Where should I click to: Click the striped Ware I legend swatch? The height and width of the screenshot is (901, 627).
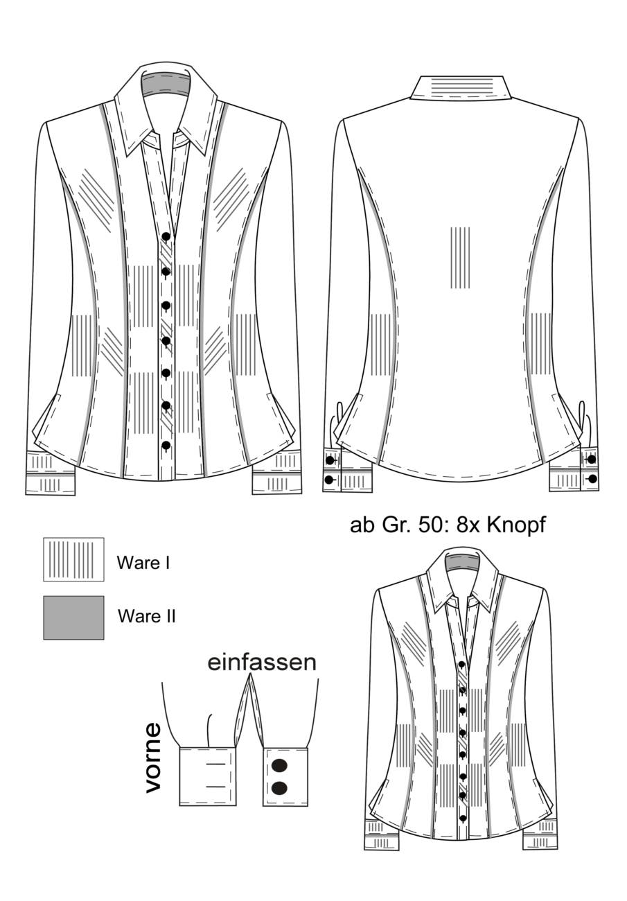tap(73, 559)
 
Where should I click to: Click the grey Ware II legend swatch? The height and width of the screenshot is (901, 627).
tap(73, 618)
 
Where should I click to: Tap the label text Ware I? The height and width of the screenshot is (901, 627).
tap(143, 563)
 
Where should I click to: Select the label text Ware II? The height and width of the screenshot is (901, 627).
tap(147, 616)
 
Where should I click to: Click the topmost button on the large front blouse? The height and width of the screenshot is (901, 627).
tap(166, 236)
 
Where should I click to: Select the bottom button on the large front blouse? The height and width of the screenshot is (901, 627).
tap(166, 445)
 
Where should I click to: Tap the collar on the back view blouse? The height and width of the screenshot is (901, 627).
tap(461, 88)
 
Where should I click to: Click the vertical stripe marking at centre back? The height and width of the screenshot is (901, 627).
tap(460, 258)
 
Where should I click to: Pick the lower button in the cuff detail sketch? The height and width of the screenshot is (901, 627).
tap(279, 788)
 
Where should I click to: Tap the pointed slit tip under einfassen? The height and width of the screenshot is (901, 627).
tap(250, 675)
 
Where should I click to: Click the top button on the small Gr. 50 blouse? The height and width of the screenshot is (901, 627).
tap(463, 664)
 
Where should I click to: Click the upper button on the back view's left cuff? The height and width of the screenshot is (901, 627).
tap(330, 460)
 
